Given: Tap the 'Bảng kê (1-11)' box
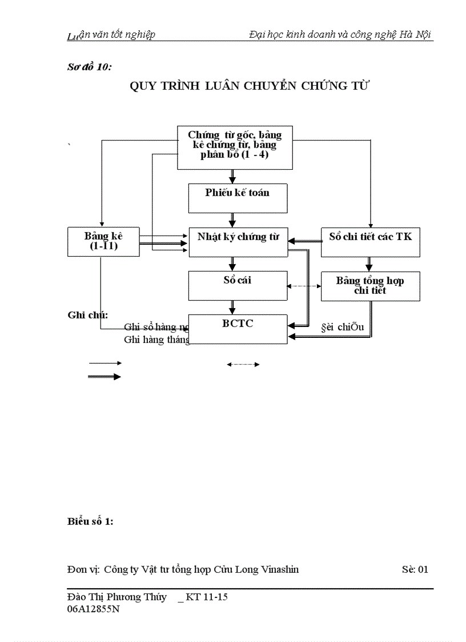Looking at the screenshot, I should [x=103, y=241].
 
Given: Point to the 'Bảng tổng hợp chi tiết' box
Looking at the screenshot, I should [x=370, y=285].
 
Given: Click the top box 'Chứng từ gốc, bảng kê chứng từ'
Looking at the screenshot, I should [x=235, y=147].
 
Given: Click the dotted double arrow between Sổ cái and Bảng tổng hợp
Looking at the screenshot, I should [x=304, y=286].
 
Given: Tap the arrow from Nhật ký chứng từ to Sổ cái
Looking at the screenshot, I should [x=232, y=264].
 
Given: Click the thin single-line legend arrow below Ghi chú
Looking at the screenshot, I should [x=105, y=363].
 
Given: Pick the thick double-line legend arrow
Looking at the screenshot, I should [x=105, y=376].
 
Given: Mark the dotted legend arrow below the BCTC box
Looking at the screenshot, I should [x=243, y=364].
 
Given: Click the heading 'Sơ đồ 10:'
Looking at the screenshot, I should [x=89, y=67].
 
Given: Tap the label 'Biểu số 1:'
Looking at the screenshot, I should [x=90, y=521].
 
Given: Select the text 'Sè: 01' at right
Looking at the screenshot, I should [x=415, y=569].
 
